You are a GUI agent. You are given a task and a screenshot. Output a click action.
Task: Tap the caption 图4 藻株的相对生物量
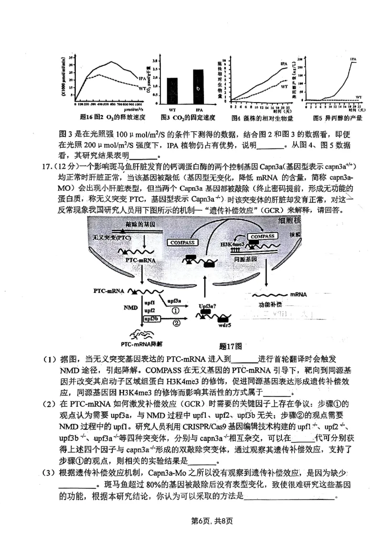262,118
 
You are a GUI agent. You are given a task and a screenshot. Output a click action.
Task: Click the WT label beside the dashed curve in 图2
142,88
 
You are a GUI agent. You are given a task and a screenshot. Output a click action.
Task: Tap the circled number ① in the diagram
175,310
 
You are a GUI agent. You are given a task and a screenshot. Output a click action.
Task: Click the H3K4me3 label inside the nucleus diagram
233,244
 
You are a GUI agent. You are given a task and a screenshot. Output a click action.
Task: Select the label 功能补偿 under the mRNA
270,304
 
